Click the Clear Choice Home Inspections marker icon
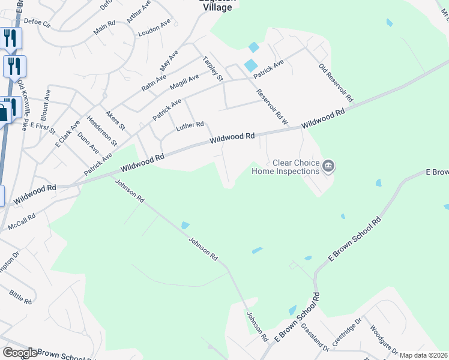(x=328, y=166)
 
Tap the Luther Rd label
(x=190, y=126)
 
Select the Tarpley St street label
(x=212, y=69)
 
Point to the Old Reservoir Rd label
(x=336, y=83)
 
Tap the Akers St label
(x=115, y=120)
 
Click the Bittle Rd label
(x=20, y=296)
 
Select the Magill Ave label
(x=184, y=82)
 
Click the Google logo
(x=19, y=353)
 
